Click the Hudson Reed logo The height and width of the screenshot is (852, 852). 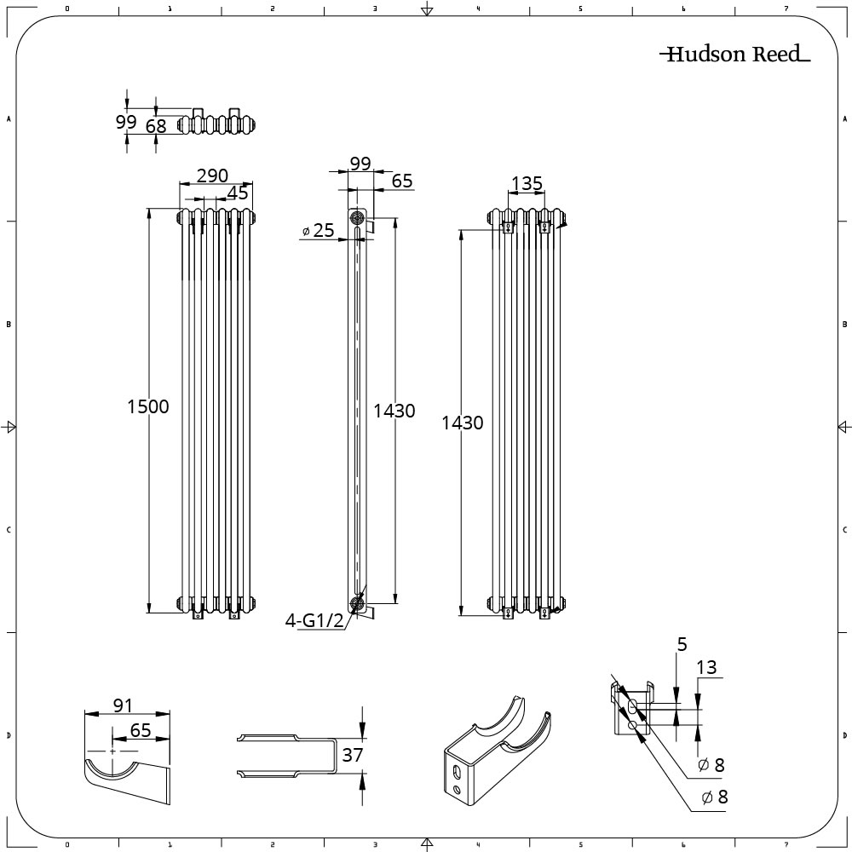click(x=735, y=55)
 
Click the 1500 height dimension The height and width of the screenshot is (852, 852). click(x=148, y=406)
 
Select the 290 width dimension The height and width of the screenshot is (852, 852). click(x=212, y=176)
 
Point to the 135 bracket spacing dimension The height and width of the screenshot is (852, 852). click(x=526, y=184)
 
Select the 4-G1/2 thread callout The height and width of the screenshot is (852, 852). click(x=314, y=621)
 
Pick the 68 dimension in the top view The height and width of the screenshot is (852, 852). click(x=156, y=126)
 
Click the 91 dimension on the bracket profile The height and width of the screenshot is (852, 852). click(x=124, y=705)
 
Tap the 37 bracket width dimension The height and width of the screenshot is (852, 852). click(x=353, y=755)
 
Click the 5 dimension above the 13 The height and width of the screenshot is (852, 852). click(x=682, y=645)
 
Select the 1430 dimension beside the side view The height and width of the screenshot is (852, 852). click(x=394, y=411)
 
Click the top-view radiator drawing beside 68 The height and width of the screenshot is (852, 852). click(x=217, y=124)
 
